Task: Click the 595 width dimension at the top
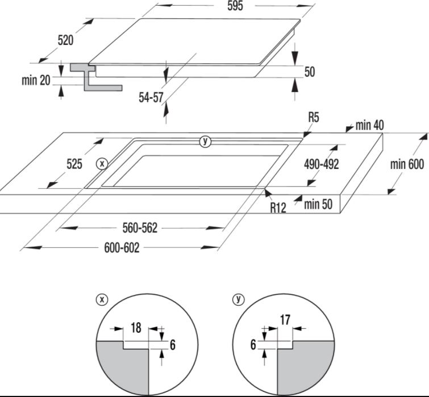235,6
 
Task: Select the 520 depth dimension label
66,40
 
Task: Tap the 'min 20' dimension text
36,81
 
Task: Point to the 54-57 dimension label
151,97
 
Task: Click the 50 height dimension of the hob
310,71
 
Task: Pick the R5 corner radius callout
314,117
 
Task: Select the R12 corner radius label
278,208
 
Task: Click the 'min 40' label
370,125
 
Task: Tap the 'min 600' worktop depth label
407,164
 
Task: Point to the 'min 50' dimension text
318,204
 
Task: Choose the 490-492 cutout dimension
322,164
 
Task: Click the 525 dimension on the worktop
74,164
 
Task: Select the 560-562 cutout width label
140,228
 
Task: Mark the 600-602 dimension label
122,248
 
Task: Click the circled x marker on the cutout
102,164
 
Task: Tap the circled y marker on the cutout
205,141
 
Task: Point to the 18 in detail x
136,327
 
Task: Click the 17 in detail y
285,320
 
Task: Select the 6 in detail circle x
172,345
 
